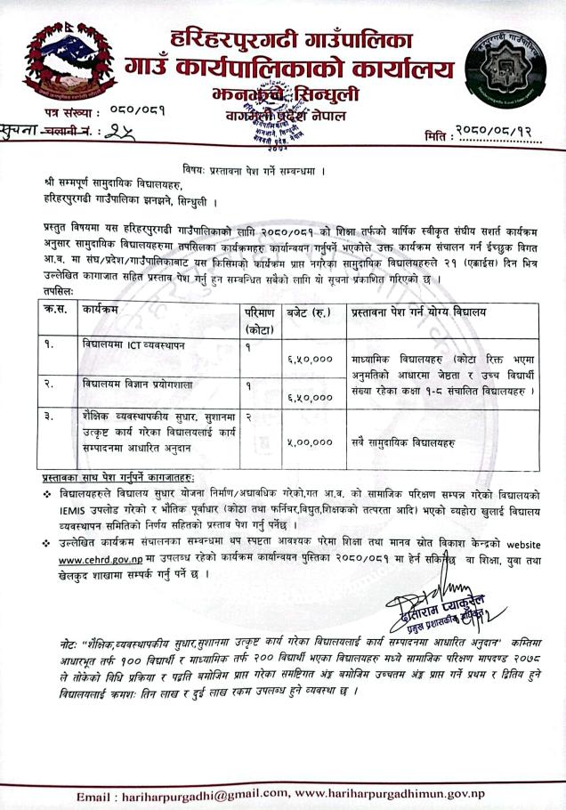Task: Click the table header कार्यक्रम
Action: click(107, 311)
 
